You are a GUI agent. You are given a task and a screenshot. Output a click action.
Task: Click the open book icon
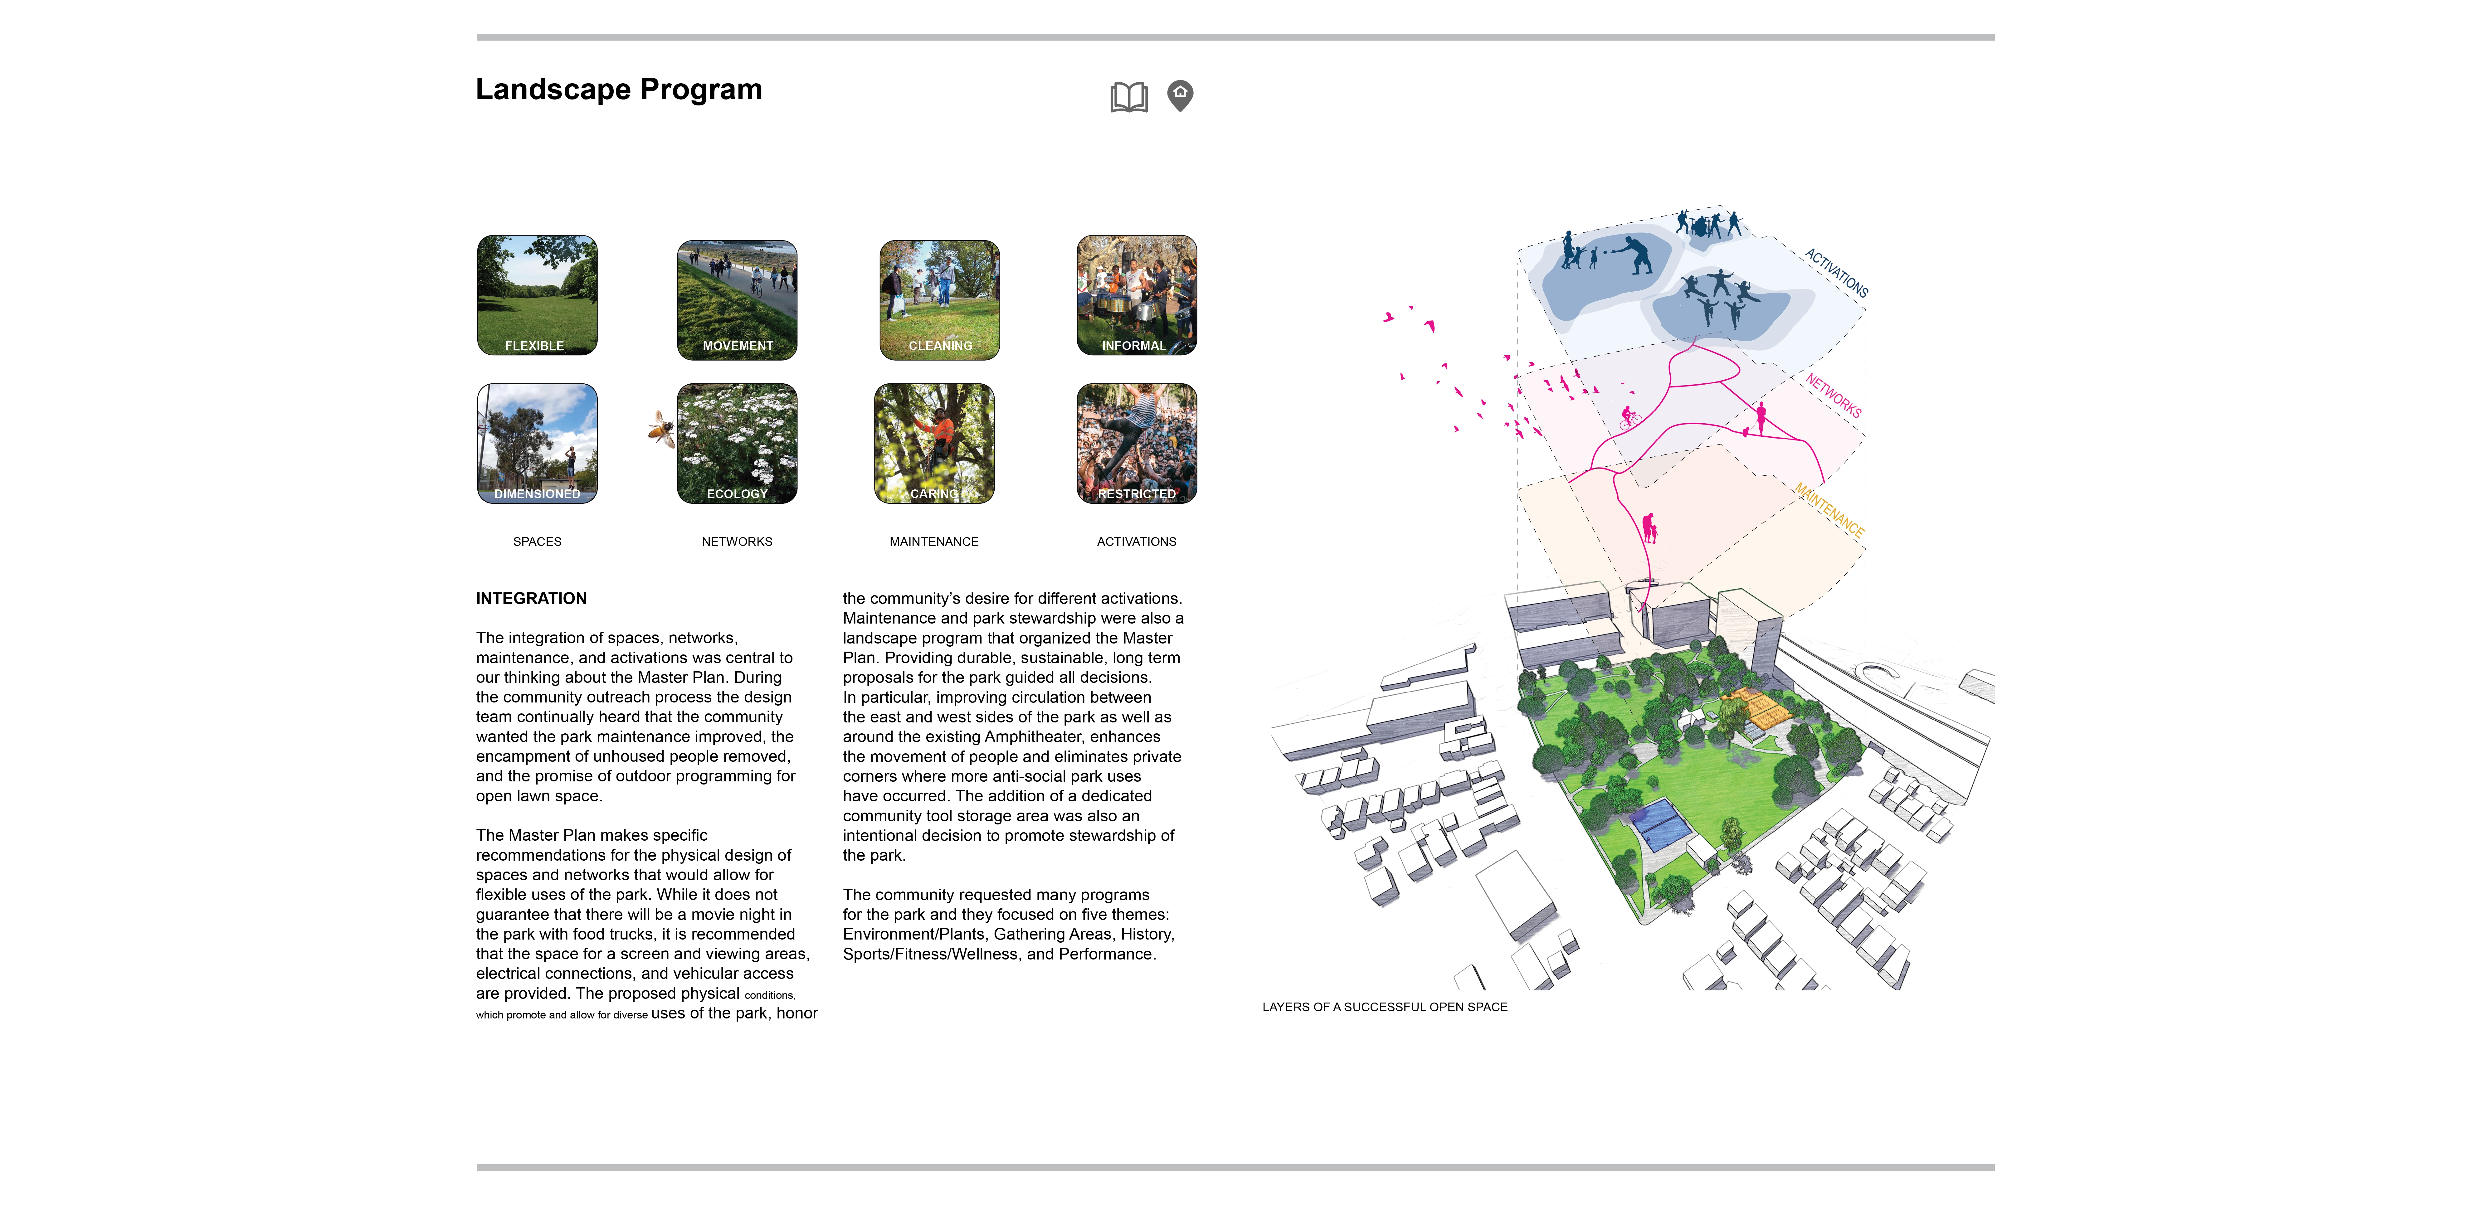(1128, 97)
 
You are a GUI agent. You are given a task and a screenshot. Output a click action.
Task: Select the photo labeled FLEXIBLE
(537, 295)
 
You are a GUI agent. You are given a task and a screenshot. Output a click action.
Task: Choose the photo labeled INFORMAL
(1136, 295)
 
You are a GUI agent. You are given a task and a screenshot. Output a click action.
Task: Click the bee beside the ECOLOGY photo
(661, 429)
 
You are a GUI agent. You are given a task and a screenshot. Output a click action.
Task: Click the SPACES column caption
(537, 542)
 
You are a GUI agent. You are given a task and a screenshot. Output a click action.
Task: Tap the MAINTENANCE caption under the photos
(934, 542)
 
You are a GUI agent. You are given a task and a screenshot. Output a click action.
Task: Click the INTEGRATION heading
(531, 598)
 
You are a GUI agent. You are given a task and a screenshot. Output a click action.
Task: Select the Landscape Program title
(618, 89)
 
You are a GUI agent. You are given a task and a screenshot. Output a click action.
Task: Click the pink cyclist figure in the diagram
(1629, 417)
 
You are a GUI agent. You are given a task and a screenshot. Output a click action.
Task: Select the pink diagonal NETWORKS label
(1832, 395)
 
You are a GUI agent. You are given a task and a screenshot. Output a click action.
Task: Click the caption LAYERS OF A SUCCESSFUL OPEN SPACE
(1384, 1007)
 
